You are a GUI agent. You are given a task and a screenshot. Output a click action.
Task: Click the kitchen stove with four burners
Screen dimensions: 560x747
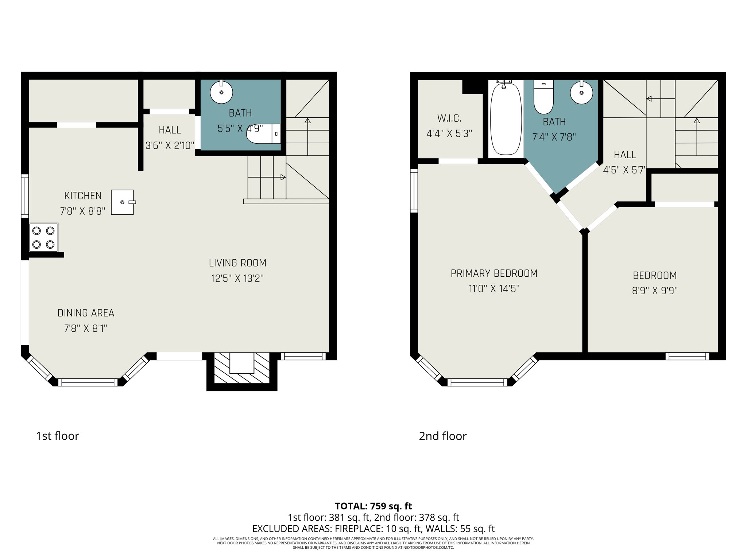tap(43, 237)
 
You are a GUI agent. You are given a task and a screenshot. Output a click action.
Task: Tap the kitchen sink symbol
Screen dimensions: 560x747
tap(123, 202)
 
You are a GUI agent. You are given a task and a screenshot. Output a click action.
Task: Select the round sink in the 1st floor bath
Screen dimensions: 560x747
tap(221, 92)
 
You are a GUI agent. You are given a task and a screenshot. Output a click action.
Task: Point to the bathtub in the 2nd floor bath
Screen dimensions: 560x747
tap(506, 119)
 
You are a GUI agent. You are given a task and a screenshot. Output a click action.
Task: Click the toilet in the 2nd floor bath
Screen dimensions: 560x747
tap(543, 97)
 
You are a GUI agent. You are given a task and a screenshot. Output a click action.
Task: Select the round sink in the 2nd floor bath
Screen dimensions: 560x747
tap(581, 93)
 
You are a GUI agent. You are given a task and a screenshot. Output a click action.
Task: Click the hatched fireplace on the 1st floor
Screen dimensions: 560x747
tap(242, 368)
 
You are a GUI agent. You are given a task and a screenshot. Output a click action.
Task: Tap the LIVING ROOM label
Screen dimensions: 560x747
tap(237, 263)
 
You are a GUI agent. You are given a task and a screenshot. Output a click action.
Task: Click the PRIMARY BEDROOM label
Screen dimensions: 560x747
tap(494, 273)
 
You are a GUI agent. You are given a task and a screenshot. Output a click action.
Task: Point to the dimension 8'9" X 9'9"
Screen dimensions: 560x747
tap(655, 291)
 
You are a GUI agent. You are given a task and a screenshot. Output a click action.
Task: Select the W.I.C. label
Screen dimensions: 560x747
tap(449, 118)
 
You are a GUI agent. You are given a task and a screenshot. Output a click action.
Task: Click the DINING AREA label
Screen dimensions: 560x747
tap(86, 313)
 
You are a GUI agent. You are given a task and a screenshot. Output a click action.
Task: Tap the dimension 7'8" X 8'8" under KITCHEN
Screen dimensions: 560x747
tap(83, 211)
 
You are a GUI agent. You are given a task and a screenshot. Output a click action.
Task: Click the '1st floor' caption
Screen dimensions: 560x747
tap(58, 436)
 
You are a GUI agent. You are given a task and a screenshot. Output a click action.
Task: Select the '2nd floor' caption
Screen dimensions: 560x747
tap(442, 436)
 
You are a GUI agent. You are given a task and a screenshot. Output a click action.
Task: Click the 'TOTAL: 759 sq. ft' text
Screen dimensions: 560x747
tap(373, 506)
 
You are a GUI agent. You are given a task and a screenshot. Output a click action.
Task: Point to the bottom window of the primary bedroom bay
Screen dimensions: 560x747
tap(477, 382)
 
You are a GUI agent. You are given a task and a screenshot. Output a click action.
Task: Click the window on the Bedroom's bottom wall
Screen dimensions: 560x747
tap(687, 356)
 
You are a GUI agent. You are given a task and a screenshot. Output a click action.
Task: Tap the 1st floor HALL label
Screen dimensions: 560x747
tap(170, 130)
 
